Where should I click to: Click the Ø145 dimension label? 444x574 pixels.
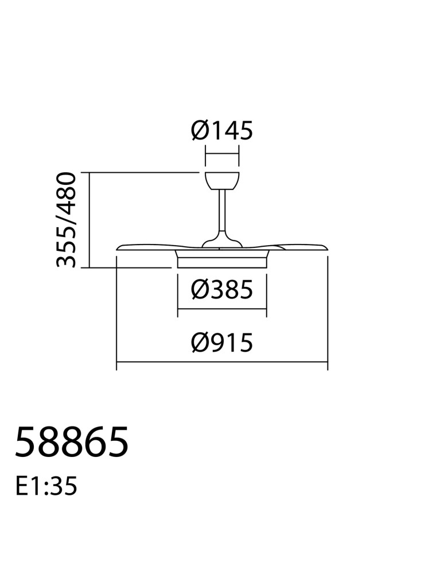(221, 131)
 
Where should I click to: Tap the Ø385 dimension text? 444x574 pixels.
(221, 289)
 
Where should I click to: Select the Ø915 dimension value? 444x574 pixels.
(221, 343)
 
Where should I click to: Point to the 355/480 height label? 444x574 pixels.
(66, 220)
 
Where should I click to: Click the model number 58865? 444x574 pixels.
(72, 442)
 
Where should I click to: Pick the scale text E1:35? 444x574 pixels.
(46, 487)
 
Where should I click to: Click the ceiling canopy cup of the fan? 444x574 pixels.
(222, 181)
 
